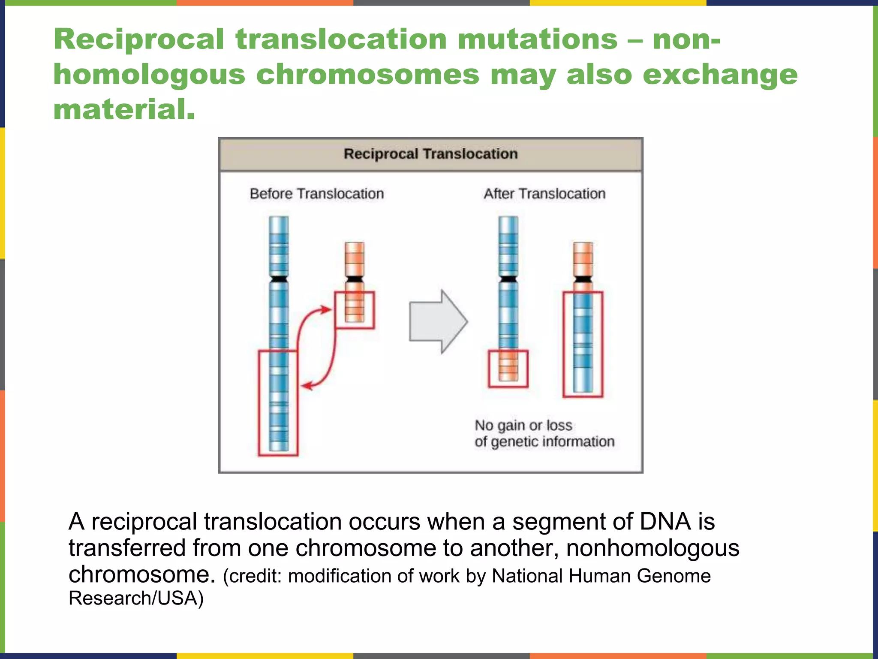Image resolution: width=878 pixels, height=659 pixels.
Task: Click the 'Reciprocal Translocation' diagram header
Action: tap(430, 154)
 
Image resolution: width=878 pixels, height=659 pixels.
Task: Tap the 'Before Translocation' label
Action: tap(317, 194)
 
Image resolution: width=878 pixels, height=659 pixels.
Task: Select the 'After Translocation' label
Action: tap(544, 194)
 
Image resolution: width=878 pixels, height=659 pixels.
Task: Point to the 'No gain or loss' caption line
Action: tap(523, 425)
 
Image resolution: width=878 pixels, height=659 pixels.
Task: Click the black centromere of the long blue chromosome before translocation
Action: tap(279, 279)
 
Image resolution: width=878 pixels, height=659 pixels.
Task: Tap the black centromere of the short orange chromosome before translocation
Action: tap(355, 279)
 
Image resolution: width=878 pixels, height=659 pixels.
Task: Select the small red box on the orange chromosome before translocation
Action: tap(355, 310)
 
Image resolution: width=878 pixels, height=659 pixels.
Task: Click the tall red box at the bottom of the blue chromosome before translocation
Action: tap(278, 403)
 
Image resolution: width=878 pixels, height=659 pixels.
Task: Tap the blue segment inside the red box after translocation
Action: tap(583, 343)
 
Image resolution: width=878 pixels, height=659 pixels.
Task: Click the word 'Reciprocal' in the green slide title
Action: tap(139, 39)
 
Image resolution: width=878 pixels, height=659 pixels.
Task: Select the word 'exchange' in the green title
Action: tap(720, 75)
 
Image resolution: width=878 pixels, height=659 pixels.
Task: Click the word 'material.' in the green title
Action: tap(124, 110)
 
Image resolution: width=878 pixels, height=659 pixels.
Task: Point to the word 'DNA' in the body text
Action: tap(665, 522)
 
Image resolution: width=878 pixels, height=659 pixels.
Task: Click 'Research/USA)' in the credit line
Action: tap(136, 598)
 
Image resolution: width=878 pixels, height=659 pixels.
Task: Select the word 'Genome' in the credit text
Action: tap(674, 576)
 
